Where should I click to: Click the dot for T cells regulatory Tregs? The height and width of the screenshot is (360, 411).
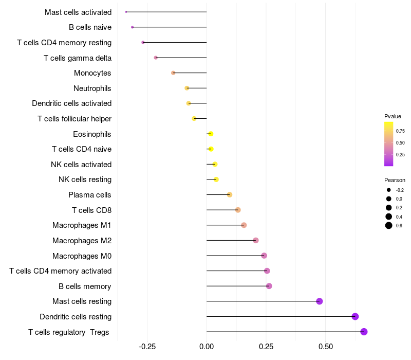364,332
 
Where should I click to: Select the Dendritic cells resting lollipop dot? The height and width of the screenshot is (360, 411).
355,316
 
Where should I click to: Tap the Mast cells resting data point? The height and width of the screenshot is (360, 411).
320,301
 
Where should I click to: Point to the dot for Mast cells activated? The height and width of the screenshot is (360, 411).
126,12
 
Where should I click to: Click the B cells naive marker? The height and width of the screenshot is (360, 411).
133,27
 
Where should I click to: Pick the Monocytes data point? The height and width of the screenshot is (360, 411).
173,73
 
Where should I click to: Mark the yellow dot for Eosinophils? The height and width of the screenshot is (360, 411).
211,134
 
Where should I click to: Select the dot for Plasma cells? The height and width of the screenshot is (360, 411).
230,194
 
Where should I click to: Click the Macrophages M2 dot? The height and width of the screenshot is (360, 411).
256,240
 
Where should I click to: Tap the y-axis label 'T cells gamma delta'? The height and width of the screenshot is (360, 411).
78,58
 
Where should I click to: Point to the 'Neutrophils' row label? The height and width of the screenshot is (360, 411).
92,88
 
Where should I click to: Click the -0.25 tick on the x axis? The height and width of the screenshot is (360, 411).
147,347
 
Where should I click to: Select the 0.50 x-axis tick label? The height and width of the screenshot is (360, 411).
325,347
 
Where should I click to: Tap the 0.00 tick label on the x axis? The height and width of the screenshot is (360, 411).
207,347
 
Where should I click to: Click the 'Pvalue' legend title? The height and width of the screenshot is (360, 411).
393,116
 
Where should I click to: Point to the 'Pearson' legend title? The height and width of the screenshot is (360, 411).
395,180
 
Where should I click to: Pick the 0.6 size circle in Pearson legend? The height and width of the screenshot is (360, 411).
389,225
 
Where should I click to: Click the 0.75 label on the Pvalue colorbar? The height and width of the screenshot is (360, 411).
400,131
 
